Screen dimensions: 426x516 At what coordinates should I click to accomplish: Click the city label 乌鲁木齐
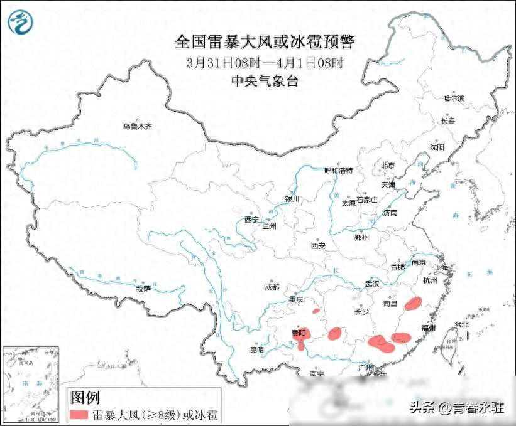[x=138, y=127]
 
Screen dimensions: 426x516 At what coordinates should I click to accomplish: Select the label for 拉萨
[x=143, y=289]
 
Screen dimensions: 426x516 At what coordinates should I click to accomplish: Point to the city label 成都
[x=272, y=287]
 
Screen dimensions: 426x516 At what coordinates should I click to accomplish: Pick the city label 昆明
[x=256, y=349]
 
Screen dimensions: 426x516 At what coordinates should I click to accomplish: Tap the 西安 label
[x=317, y=246]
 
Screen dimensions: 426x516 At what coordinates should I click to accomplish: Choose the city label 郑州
[x=361, y=238]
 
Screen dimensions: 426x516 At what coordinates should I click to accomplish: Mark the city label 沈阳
[x=437, y=147]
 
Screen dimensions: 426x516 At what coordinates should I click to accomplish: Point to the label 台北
[x=461, y=324]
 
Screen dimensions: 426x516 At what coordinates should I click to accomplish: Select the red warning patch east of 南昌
[x=413, y=304]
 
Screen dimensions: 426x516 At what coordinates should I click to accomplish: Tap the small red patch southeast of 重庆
[x=316, y=309]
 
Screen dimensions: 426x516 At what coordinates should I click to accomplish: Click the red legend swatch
[x=79, y=415]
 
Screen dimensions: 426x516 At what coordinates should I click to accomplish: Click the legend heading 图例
[x=85, y=397]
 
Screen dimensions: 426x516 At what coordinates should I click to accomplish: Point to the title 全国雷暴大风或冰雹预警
[x=265, y=42]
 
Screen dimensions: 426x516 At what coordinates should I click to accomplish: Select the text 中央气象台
[x=264, y=80]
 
